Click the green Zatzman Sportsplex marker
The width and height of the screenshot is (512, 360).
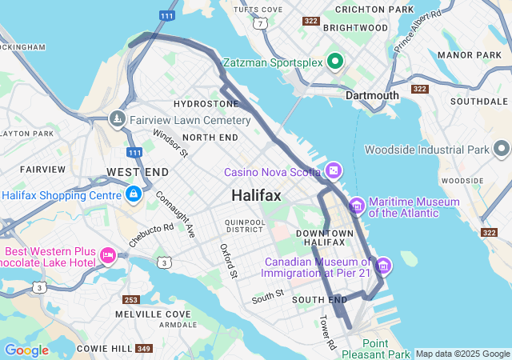334,61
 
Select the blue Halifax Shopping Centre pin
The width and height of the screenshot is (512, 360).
133,194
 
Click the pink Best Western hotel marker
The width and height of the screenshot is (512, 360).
107,255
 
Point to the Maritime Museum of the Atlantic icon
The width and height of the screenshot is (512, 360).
356,206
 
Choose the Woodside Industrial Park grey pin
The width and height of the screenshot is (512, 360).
501,150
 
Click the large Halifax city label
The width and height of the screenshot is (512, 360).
256,196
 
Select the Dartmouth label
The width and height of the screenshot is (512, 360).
372,95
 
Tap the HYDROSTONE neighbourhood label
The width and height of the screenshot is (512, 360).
206,104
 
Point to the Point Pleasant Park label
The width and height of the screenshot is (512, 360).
374,348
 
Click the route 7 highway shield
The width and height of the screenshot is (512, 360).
261,24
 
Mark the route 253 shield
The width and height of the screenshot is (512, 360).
132,300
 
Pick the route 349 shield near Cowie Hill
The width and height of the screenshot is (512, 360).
144,349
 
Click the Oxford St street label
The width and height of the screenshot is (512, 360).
229,262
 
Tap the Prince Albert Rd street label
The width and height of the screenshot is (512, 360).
418,31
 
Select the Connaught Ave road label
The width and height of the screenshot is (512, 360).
175,214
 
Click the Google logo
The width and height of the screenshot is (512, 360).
26,350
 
